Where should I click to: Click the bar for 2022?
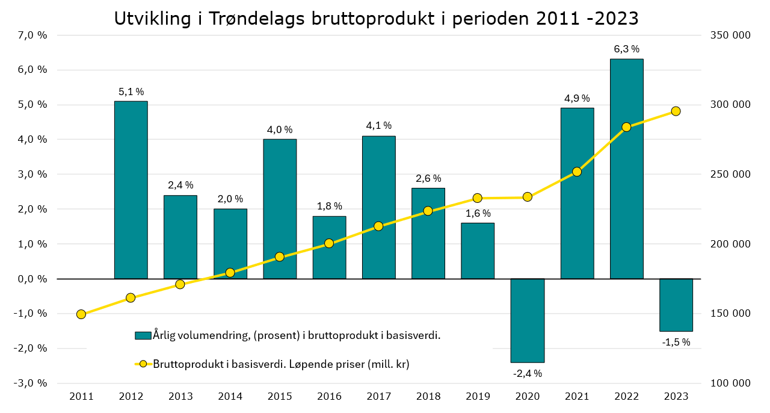click(626, 169)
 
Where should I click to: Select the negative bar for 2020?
click(528, 320)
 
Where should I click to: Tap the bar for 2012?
click(131, 190)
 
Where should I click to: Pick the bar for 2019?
click(478, 250)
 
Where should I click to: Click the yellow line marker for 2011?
click(81, 314)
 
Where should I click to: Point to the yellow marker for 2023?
click(676, 111)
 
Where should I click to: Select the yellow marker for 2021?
click(577, 172)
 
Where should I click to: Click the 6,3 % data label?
click(626, 49)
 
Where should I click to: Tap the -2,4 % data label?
click(528, 373)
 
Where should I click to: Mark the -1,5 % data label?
click(676, 342)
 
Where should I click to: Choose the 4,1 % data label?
click(379, 126)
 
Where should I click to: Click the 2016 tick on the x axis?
click(329, 396)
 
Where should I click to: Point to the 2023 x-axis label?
click(676, 396)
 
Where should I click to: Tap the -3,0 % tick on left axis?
click(31, 383)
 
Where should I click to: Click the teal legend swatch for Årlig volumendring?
click(143, 335)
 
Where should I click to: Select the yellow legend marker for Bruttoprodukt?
click(143, 364)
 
